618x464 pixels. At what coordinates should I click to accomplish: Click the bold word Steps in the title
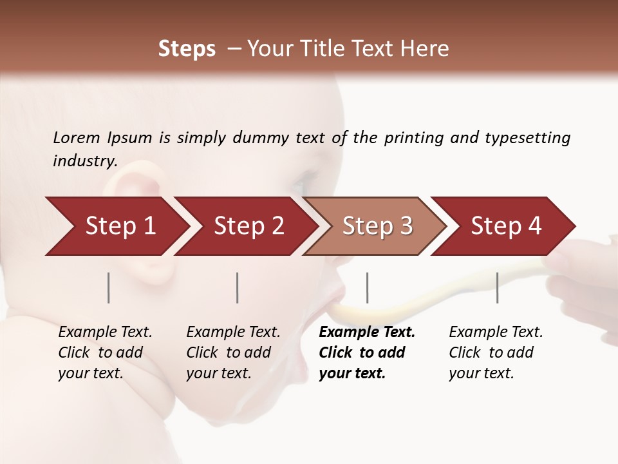[x=187, y=49]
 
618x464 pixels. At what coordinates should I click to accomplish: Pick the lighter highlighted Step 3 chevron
[x=377, y=226]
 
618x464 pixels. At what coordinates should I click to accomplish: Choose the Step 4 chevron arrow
[x=506, y=226]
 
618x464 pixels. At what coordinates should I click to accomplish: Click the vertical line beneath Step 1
[x=109, y=287]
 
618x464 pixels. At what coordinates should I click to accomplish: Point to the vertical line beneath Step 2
[x=238, y=287]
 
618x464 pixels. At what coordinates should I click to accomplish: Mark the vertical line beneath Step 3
[x=367, y=287]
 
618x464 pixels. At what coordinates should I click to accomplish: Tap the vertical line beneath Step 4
[x=497, y=287]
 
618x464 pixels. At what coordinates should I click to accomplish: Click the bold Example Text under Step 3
[x=367, y=333]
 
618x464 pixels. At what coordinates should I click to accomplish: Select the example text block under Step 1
[x=105, y=353]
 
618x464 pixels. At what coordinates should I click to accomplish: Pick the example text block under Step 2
[x=233, y=353]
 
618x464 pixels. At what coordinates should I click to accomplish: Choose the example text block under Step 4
[x=496, y=353]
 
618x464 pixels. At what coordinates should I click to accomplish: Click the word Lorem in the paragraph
[x=77, y=138]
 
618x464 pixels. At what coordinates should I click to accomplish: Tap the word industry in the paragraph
[x=84, y=161]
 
